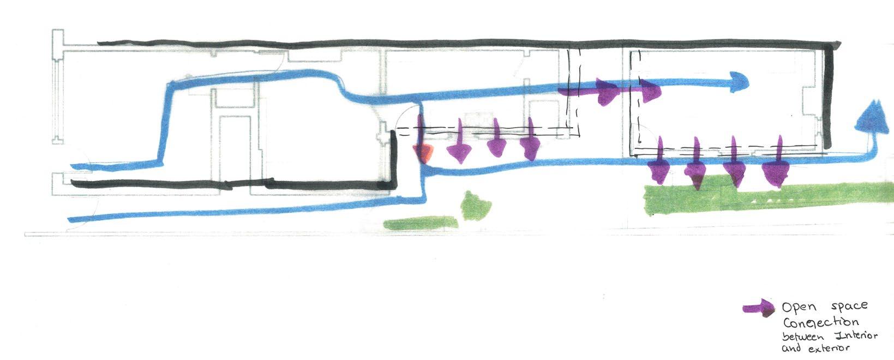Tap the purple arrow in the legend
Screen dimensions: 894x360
click(760, 308)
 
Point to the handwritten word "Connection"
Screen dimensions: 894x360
click(813, 323)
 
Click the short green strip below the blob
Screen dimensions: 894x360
click(421, 223)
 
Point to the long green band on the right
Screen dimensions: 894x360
click(764, 200)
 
